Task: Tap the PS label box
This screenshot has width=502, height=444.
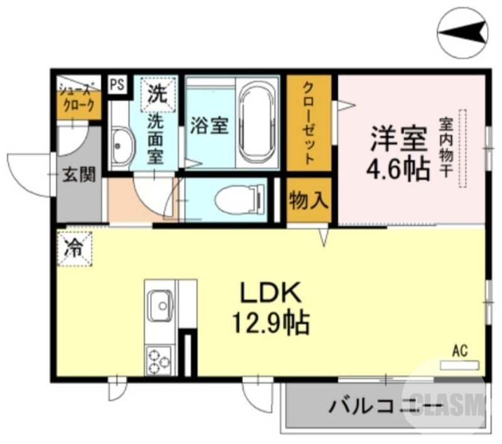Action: [x=117, y=84]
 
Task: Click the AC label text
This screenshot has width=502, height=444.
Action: [x=460, y=351]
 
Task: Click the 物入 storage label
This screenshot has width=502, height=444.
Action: [x=309, y=201]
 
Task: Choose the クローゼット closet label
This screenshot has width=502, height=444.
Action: [x=309, y=123]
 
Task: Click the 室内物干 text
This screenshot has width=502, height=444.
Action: [x=446, y=147]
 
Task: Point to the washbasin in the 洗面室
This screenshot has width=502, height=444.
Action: [x=120, y=145]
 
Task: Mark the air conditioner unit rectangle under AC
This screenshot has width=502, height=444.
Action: [x=459, y=365]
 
